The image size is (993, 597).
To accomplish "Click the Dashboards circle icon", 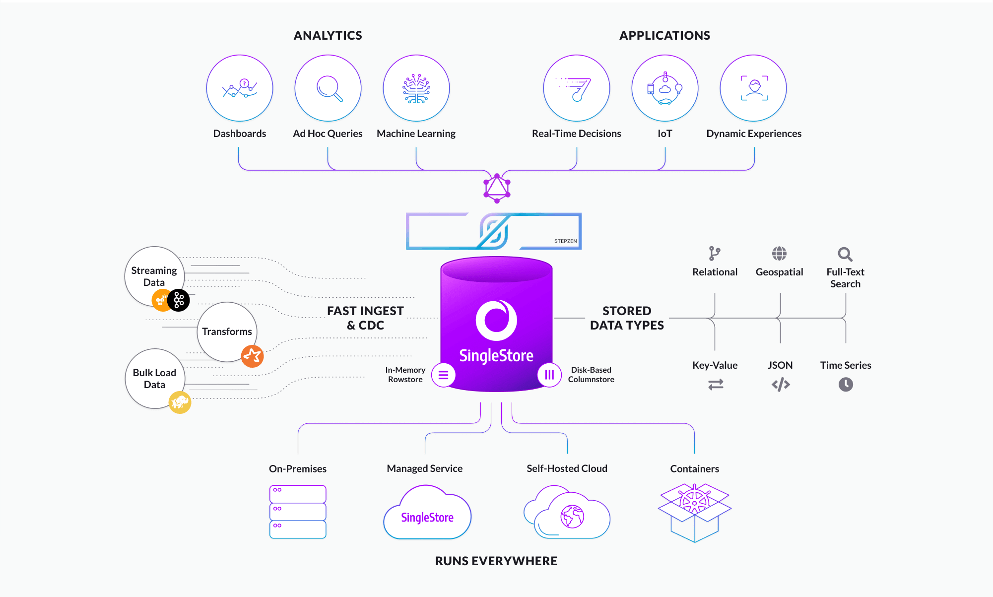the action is [240, 88].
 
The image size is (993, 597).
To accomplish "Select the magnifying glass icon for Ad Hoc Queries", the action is [330, 88].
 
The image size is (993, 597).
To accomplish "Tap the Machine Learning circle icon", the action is [416, 88].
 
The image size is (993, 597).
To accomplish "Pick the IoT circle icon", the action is [665, 88].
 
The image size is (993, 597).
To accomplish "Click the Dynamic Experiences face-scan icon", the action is [754, 88].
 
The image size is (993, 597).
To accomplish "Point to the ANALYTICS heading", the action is [328, 35].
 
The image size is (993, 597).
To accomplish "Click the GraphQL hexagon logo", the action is [497, 188].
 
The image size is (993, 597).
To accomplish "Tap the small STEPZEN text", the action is [566, 241].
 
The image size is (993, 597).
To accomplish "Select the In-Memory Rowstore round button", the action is [444, 375].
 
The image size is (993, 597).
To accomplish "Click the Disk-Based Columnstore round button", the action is [549, 375].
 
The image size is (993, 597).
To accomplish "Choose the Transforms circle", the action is [227, 332].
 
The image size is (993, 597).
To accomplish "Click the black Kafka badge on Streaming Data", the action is [179, 300].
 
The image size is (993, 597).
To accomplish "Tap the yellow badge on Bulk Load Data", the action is [180, 402].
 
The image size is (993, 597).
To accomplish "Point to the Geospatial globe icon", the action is [779, 254].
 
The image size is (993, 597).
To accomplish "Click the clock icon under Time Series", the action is [846, 384].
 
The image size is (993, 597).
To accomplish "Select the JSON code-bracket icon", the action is [781, 384].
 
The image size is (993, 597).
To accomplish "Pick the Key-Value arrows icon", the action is [716, 384].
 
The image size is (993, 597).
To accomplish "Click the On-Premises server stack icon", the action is [298, 512].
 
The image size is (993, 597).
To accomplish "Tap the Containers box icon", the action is [695, 513].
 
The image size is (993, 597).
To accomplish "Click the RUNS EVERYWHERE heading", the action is [496, 561].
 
